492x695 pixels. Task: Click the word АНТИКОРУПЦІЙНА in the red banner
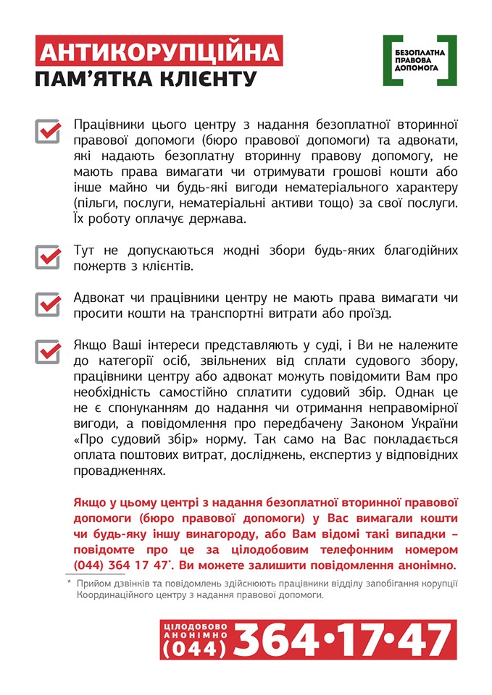tap(159, 53)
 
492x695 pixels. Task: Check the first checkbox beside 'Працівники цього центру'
tap(48, 131)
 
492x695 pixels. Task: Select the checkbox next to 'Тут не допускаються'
tap(48, 257)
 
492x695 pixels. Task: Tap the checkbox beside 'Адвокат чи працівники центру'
tap(48, 304)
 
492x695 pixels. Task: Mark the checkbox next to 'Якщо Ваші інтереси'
tap(48, 352)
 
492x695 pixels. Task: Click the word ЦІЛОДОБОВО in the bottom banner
tap(195, 625)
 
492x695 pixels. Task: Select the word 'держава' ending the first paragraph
tap(225, 218)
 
